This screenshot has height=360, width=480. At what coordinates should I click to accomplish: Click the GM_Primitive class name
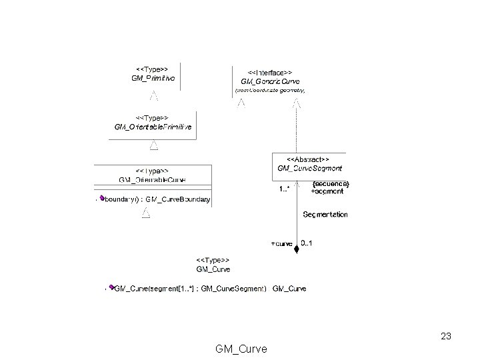153,79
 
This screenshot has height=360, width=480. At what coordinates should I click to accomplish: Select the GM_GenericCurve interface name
269,80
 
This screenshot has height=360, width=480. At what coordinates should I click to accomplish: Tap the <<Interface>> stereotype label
269,71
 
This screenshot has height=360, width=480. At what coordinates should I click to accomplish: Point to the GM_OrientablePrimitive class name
153,127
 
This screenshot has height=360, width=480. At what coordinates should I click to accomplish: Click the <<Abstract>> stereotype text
308,159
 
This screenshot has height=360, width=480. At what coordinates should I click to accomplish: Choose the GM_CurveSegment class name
309,169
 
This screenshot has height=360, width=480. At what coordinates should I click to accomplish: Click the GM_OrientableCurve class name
152,180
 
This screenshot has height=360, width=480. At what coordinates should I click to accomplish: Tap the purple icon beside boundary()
102,198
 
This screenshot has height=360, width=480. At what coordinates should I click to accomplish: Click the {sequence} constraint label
330,183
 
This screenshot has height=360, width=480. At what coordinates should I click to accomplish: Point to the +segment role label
327,191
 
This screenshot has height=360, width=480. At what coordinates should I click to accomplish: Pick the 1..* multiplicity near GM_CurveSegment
284,189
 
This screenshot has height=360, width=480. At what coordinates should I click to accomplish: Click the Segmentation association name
325,215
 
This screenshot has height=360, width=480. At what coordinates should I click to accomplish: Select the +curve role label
281,243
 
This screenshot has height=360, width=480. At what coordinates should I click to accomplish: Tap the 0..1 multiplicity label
307,243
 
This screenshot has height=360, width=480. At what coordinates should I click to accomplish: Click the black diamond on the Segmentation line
297,249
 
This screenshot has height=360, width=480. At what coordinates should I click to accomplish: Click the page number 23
446,336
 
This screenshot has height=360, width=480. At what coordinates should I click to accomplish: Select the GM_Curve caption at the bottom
241,349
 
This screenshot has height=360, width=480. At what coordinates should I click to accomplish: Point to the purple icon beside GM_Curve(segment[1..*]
112,288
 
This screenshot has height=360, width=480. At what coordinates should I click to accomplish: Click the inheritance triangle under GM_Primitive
153,95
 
